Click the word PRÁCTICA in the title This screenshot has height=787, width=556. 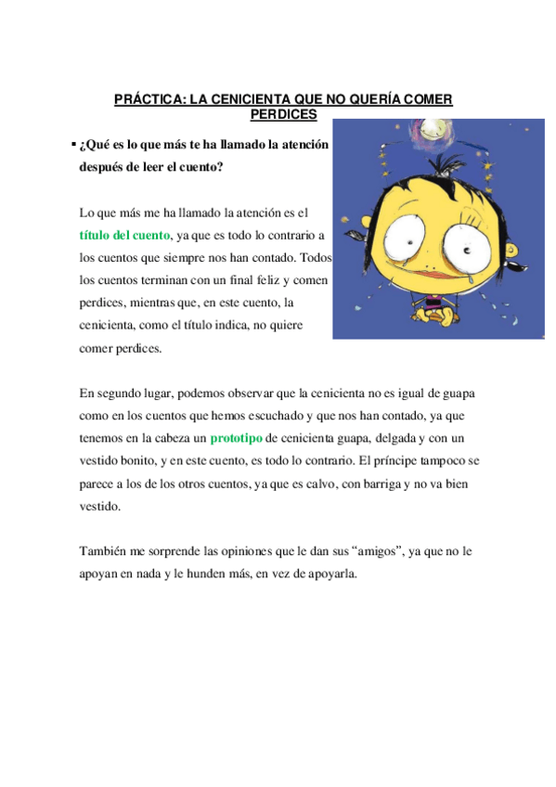click(x=147, y=99)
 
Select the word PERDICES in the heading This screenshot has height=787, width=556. click(x=284, y=114)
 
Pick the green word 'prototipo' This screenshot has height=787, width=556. click(x=236, y=437)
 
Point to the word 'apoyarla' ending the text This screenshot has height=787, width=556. click(x=330, y=574)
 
